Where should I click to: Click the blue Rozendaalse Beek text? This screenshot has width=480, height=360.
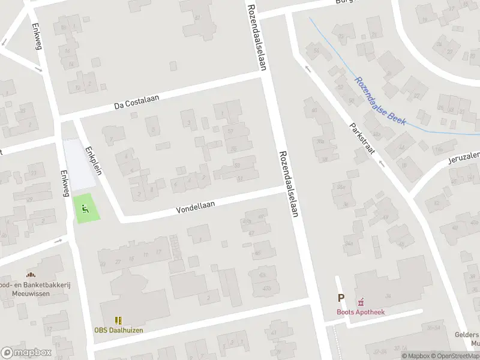[380, 101]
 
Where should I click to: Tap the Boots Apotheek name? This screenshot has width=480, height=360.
[360, 312]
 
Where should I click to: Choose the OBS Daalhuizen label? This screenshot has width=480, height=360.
[118, 330]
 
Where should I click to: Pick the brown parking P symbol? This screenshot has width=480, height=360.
[341, 298]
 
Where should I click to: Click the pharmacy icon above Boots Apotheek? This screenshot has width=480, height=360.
[361, 302]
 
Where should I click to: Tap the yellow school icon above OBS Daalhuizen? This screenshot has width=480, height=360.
[118, 320]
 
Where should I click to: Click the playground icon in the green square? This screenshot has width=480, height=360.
[85, 209]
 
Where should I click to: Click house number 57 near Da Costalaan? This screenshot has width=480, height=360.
[231, 131]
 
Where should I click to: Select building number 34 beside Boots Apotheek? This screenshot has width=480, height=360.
[388, 296]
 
